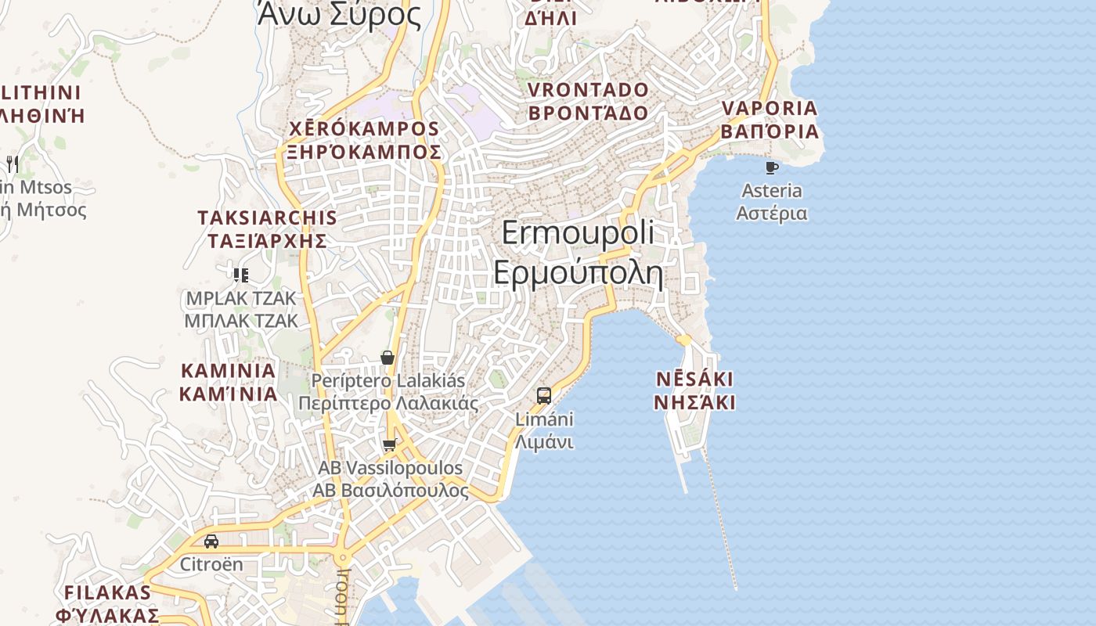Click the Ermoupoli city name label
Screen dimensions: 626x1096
(578, 233)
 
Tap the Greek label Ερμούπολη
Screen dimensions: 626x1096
(578, 273)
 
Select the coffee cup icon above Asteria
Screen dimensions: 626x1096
(772, 167)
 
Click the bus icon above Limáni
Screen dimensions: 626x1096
(544, 395)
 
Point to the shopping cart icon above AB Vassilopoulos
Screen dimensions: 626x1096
(389, 444)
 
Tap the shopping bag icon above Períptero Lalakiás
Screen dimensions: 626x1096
(388, 358)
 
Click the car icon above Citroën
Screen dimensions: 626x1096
(211, 541)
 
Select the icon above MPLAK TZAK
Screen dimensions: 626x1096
(241, 275)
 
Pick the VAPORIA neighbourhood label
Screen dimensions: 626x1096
(770, 108)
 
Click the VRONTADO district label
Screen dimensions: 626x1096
(588, 89)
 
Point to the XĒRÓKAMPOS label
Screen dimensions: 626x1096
(364, 128)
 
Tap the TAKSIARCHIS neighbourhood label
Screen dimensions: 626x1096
(267, 218)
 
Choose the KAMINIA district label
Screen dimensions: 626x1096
(228, 370)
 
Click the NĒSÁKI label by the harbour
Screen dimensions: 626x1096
(694, 380)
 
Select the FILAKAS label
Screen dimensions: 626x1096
(107, 592)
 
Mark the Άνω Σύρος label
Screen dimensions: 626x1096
(339, 13)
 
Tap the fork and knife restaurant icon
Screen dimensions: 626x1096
(12, 164)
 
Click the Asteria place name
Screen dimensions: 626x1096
(772, 190)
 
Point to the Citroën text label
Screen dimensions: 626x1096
(211, 564)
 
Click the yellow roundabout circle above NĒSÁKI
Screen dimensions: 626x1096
(683, 340)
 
